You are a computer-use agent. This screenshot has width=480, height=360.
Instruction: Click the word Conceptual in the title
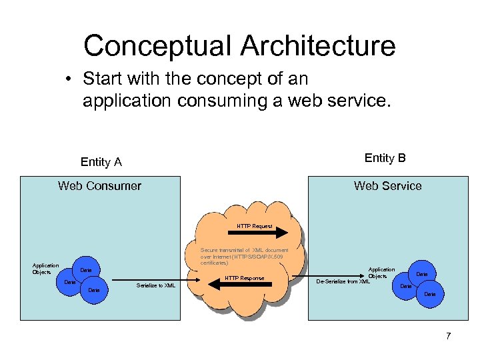(157, 46)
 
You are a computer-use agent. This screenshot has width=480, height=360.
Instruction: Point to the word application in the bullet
(126, 101)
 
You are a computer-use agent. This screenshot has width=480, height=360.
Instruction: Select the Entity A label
(101, 162)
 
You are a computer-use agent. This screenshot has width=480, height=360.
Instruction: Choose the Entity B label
(385, 158)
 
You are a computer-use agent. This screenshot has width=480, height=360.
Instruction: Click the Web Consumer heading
(100, 186)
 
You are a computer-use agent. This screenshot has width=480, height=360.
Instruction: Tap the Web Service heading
(387, 186)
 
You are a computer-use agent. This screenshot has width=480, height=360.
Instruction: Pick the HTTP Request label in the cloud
(255, 226)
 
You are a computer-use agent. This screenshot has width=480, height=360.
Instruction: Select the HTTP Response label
(245, 278)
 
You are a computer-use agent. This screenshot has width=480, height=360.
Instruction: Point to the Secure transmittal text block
(244, 257)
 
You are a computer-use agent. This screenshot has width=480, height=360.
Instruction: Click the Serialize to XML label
(155, 285)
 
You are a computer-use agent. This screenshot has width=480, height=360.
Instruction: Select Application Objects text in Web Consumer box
(46, 269)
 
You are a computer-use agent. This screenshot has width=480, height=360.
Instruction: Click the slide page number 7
(448, 336)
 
